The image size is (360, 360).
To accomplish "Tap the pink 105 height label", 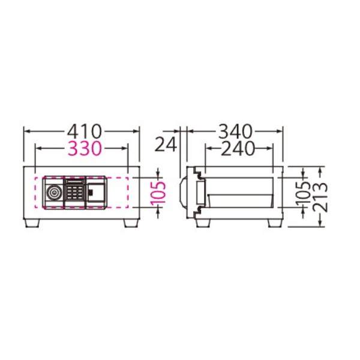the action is pos(158,193).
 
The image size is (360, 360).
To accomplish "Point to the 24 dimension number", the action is pos(166,144).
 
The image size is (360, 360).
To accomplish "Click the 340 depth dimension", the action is pos(236,131).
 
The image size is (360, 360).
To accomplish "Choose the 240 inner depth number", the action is pos(238,148).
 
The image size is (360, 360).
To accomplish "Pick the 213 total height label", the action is pos(320,197).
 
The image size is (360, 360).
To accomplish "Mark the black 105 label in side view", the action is pos(302,193).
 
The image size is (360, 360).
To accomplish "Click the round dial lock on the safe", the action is pos(54,193).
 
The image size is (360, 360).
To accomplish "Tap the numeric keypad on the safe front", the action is pos(75,192).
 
